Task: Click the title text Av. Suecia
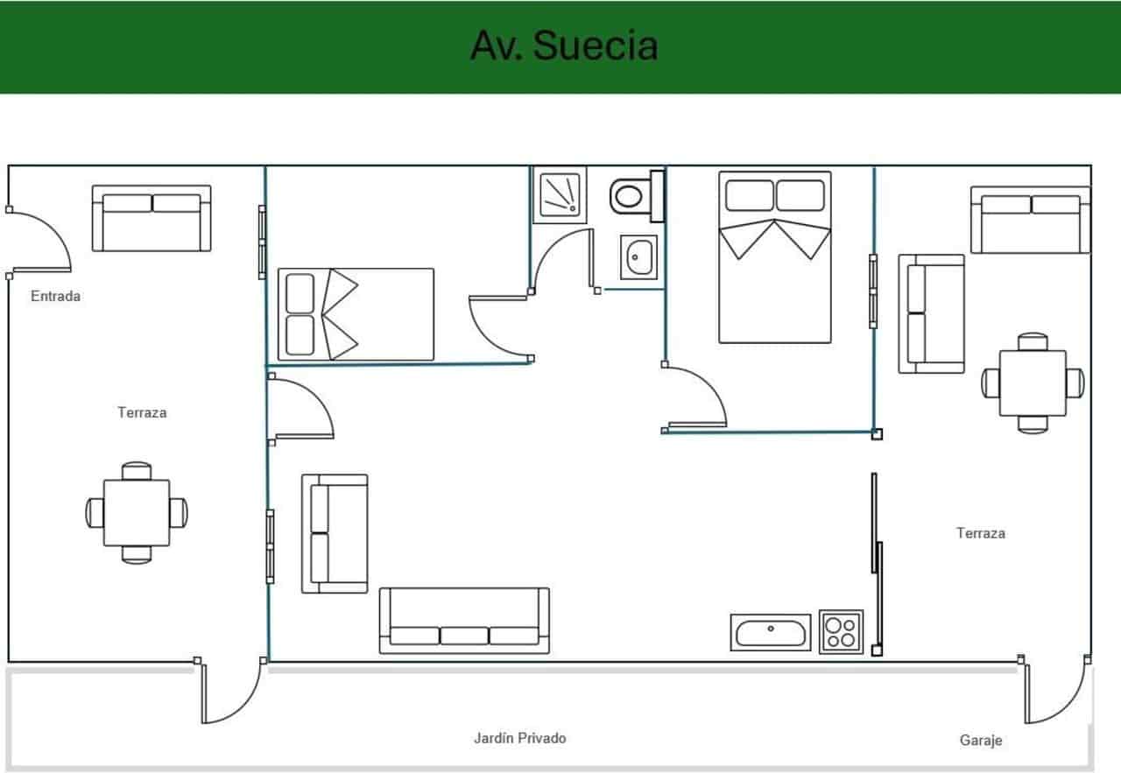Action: (563, 46)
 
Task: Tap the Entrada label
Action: (55, 296)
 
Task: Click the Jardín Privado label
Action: (519, 738)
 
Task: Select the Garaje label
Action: (981, 741)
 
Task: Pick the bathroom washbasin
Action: (638, 257)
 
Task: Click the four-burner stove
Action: (841, 631)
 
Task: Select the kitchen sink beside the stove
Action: (771, 632)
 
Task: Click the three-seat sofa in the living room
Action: (464, 621)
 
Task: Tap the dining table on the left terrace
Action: (137, 512)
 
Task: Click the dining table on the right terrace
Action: (1033, 383)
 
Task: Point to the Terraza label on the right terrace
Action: (980, 532)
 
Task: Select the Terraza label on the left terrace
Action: (142, 412)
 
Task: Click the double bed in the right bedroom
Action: (774, 256)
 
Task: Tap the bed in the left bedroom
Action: (356, 314)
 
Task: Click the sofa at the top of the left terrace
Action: (152, 218)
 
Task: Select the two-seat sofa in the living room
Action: (335, 533)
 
